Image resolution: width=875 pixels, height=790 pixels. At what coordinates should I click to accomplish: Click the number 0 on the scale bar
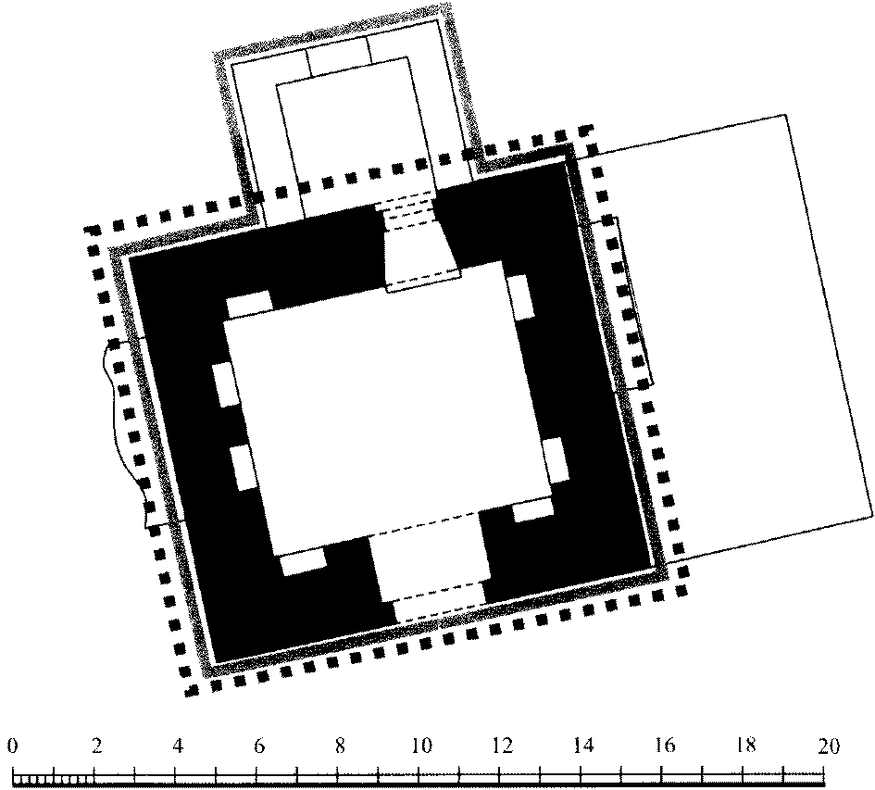(13, 746)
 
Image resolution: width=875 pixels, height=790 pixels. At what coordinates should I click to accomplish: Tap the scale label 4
(178, 746)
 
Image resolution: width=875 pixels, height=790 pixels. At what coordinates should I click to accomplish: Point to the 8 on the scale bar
(340, 746)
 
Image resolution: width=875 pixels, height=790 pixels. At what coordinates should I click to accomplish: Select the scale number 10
(422, 746)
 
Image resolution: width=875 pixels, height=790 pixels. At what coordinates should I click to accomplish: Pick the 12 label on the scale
(503, 746)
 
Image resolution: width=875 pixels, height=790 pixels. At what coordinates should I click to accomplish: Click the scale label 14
(583, 746)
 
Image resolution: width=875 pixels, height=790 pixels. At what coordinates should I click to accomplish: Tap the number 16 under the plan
(665, 746)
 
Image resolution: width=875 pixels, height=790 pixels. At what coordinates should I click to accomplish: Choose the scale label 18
(746, 746)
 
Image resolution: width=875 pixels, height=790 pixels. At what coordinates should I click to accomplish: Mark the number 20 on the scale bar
(828, 746)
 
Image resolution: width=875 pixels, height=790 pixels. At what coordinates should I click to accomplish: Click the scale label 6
(259, 746)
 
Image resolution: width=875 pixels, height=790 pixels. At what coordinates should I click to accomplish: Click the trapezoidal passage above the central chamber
(422, 247)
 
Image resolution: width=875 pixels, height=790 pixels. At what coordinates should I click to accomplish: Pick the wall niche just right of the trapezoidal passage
(520, 297)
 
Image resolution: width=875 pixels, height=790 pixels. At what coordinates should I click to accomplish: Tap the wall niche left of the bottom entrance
(303, 561)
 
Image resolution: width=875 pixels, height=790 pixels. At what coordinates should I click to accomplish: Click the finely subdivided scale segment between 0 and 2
(53, 778)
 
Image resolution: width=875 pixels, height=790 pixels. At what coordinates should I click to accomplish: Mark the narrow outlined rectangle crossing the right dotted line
(624, 303)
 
